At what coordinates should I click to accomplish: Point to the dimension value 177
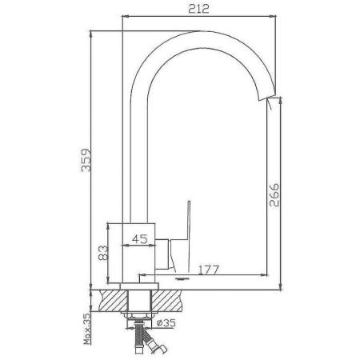(x=210, y=269)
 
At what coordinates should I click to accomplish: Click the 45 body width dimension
(x=138, y=237)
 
